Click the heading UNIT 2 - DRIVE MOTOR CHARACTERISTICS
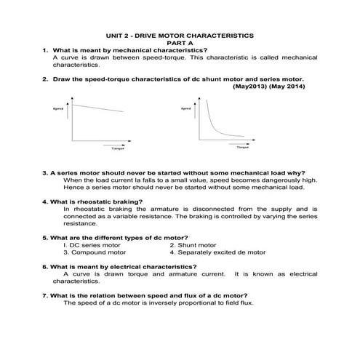180,34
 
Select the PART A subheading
180,42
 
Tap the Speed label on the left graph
59,109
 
